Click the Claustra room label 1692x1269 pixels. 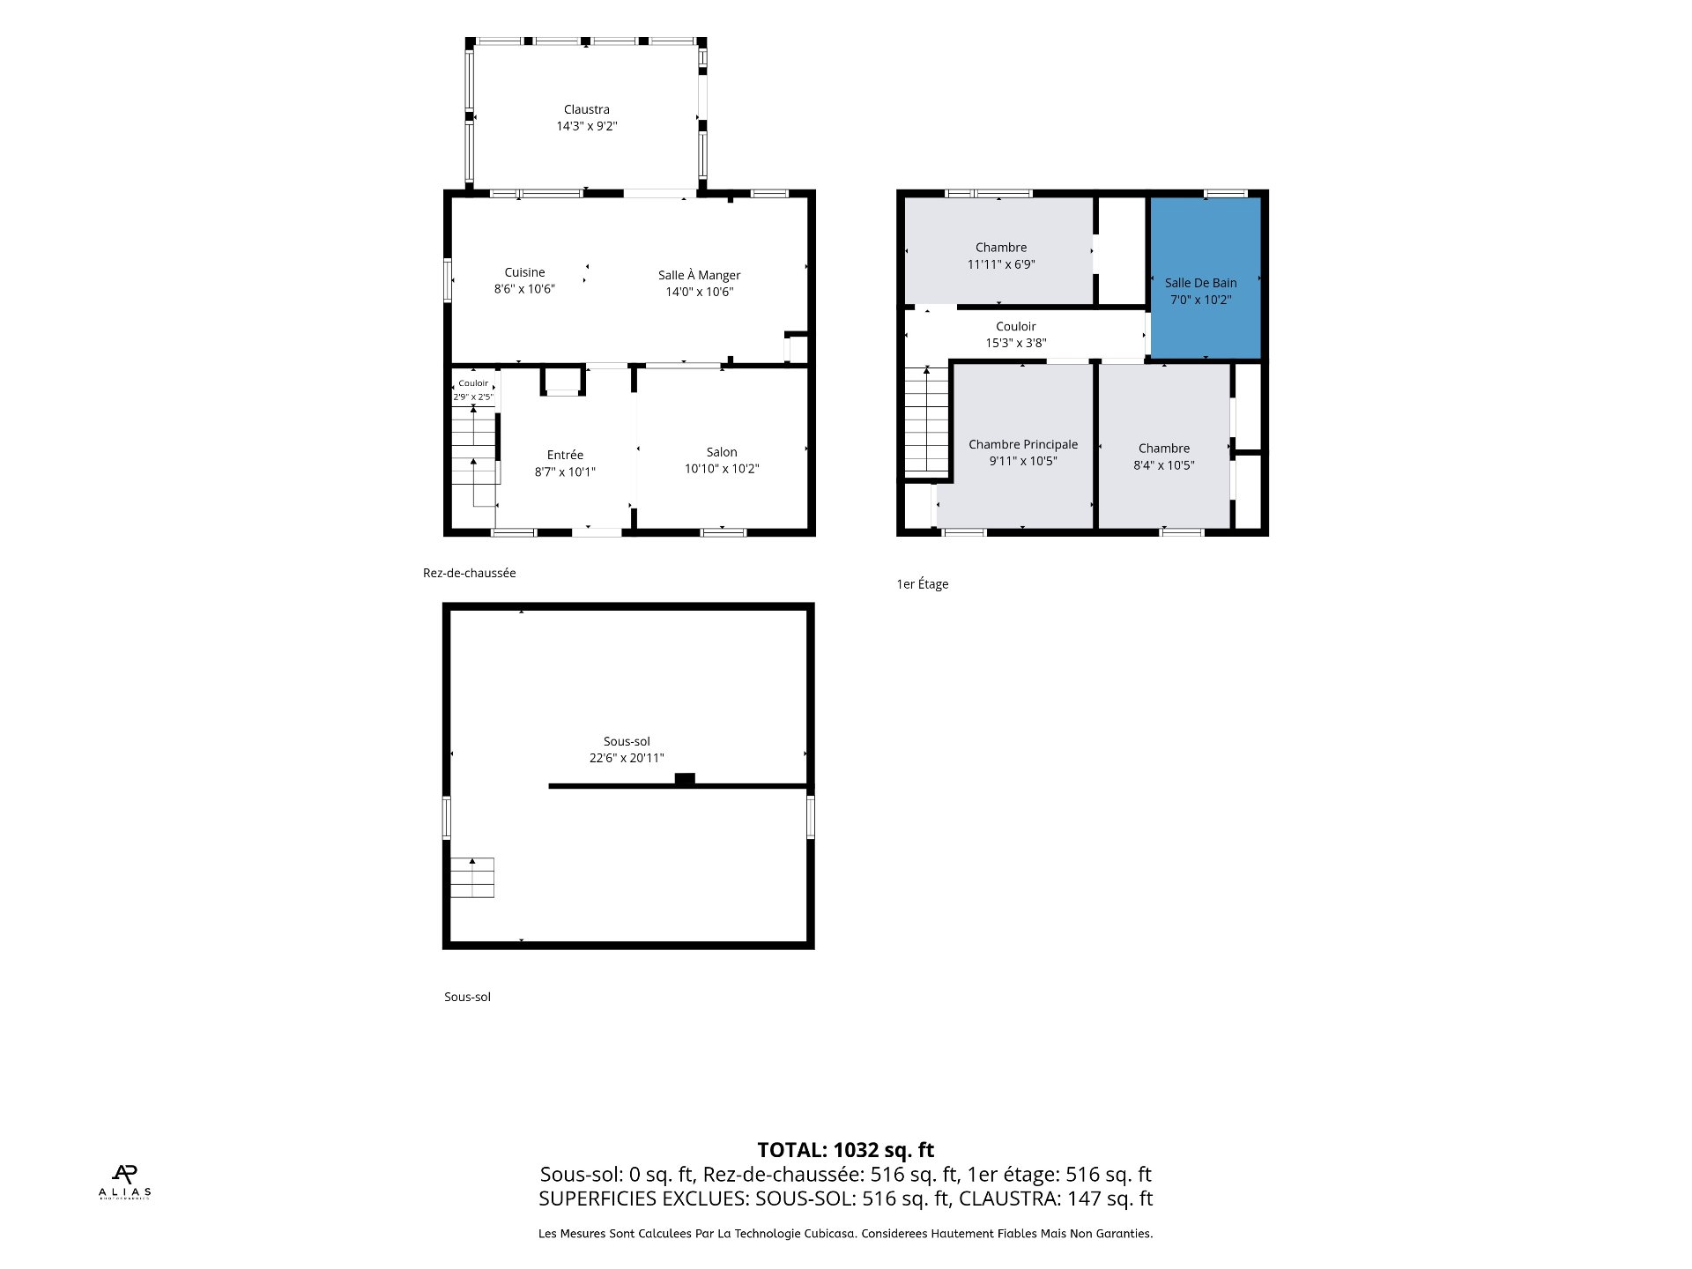(586, 109)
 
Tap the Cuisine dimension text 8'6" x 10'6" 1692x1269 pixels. (524, 289)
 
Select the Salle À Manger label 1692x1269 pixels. (699, 275)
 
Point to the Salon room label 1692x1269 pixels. (722, 452)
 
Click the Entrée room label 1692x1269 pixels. (565, 455)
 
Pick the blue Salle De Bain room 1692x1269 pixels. (1206, 278)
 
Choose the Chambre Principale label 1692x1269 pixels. (1023, 444)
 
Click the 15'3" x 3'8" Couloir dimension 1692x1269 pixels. (1016, 343)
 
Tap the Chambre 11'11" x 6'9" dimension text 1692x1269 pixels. (1001, 264)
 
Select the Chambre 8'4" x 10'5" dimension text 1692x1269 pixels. (1164, 465)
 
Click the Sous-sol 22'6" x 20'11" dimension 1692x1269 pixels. (627, 758)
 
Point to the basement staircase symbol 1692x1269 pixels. (472, 878)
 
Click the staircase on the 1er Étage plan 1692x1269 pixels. (926, 421)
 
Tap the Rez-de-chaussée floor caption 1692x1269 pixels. (470, 573)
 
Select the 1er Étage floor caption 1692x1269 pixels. (923, 583)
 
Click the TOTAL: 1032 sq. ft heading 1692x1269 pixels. (846, 1150)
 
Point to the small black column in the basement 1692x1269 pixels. (685, 778)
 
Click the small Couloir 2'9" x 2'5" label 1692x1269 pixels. (473, 390)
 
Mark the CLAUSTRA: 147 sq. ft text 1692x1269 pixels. (1056, 1198)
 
